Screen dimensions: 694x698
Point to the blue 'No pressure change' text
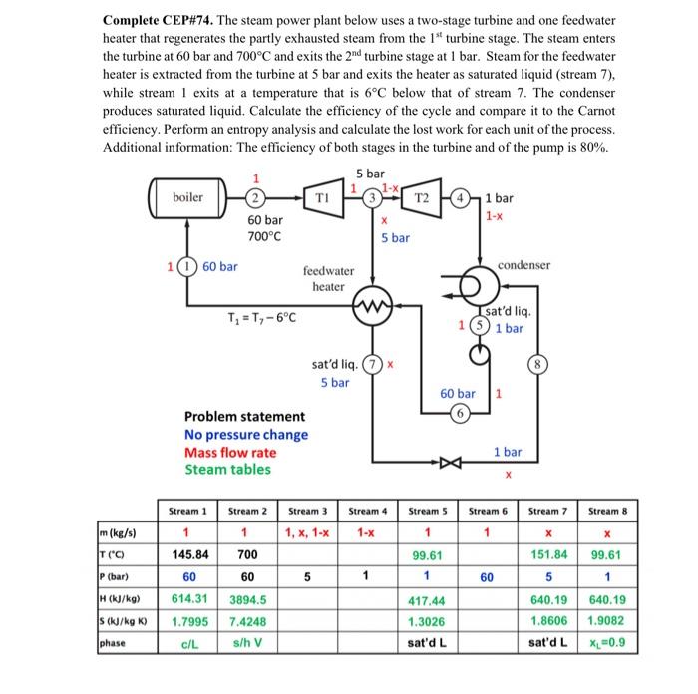coord(246,434)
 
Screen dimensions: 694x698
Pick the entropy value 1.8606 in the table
coord(548,620)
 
